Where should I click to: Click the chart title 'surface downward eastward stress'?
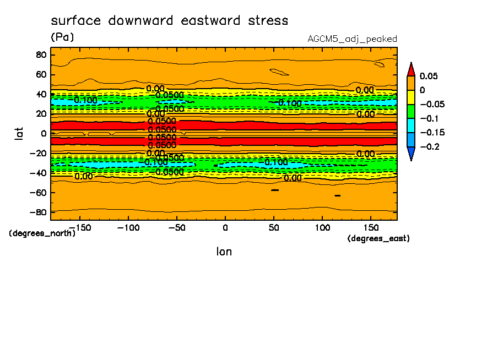point(169,21)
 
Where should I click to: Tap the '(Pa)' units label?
point(62,37)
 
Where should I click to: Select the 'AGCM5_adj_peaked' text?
point(352,39)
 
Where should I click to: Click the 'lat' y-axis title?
point(19,133)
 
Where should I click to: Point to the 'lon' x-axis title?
point(224,252)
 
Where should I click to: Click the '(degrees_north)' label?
point(42,233)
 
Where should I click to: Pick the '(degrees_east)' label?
point(378,238)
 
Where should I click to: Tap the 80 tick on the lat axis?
point(40,54)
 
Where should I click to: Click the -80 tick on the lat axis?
point(38,212)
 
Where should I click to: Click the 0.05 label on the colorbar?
point(429,76)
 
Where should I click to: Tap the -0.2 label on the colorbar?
point(430,147)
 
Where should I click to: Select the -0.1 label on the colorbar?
point(430,118)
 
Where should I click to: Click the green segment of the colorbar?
point(410,111)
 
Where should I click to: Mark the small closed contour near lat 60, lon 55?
point(279,72)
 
